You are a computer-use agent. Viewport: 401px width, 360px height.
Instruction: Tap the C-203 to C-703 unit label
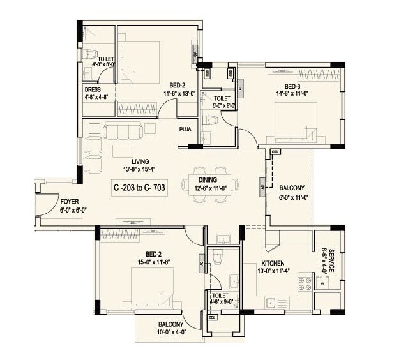[140, 188]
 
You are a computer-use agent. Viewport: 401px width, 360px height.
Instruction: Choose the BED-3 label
[292, 86]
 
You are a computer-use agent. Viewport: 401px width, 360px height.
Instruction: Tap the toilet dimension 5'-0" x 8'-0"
[222, 106]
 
